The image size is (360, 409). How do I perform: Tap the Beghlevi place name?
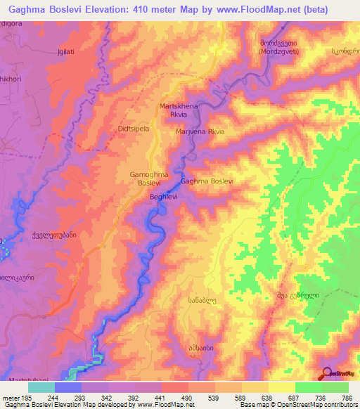tap(164, 197)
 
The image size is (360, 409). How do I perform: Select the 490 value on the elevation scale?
tap(187, 397)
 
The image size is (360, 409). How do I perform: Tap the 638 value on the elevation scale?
tap(266, 397)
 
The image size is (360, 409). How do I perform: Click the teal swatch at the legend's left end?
tap(41, 387)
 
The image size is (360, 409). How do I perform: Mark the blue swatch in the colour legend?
tap(68, 387)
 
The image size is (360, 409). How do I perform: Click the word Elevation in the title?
tap(115, 10)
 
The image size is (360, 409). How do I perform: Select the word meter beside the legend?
tap(11, 397)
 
